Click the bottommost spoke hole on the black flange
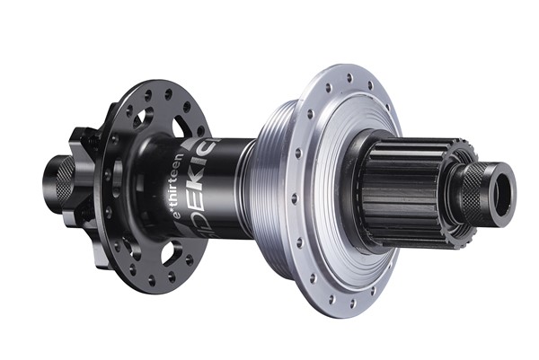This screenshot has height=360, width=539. pyautogui.click(x=169, y=279)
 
